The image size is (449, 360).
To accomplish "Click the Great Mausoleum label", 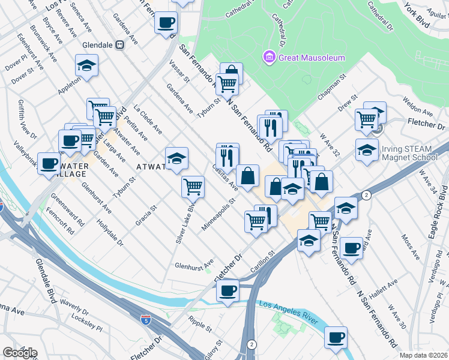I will pyautogui.click(x=310, y=58).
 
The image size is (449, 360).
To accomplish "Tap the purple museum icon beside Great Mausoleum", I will pyautogui.click(x=268, y=58).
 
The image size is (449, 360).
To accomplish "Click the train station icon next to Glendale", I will pyautogui.click(x=119, y=44).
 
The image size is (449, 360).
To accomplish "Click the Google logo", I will pyautogui.click(x=20, y=353).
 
